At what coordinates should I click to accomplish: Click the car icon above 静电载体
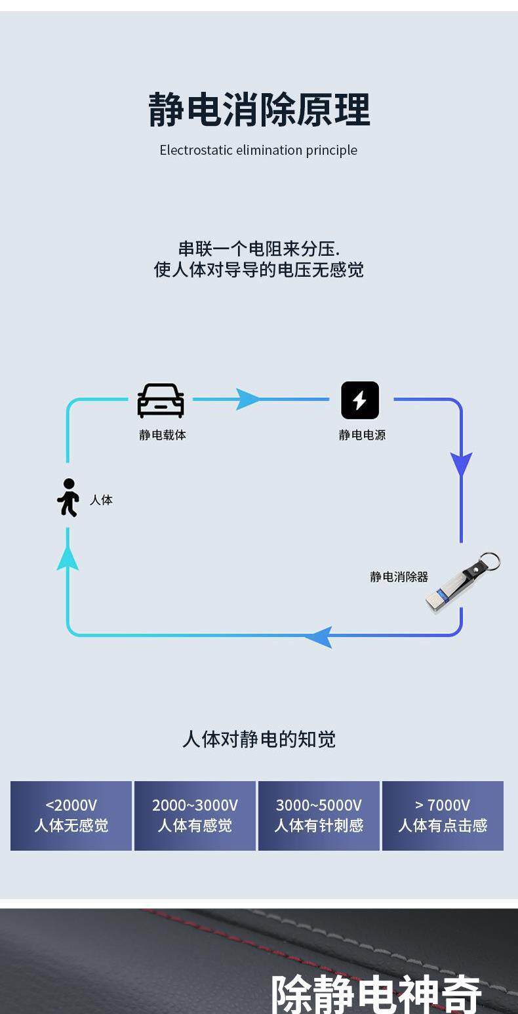click(161, 400)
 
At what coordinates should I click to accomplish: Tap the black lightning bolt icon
click(360, 400)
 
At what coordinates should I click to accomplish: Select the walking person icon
click(68, 498)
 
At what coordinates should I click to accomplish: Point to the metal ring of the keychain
click(489, 561)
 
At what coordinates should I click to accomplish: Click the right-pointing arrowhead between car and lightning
click(248, 399)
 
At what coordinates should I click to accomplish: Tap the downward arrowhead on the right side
click(461, 464)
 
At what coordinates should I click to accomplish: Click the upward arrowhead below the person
click(68, 558)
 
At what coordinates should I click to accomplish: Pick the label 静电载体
click(163, 435)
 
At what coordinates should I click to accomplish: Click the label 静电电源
click(362, 435)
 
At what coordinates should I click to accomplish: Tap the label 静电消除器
click(399, 577)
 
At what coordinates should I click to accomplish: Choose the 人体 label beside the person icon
click(101, 500)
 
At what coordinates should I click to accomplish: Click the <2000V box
click(71, 815)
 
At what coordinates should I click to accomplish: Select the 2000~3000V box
click(195, 815)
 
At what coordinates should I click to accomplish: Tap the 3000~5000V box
click(319, 815)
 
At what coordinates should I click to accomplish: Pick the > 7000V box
click(443, 815)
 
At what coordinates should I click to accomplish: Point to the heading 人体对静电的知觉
click(259, 739)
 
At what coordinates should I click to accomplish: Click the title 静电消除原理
click(259, 110)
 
